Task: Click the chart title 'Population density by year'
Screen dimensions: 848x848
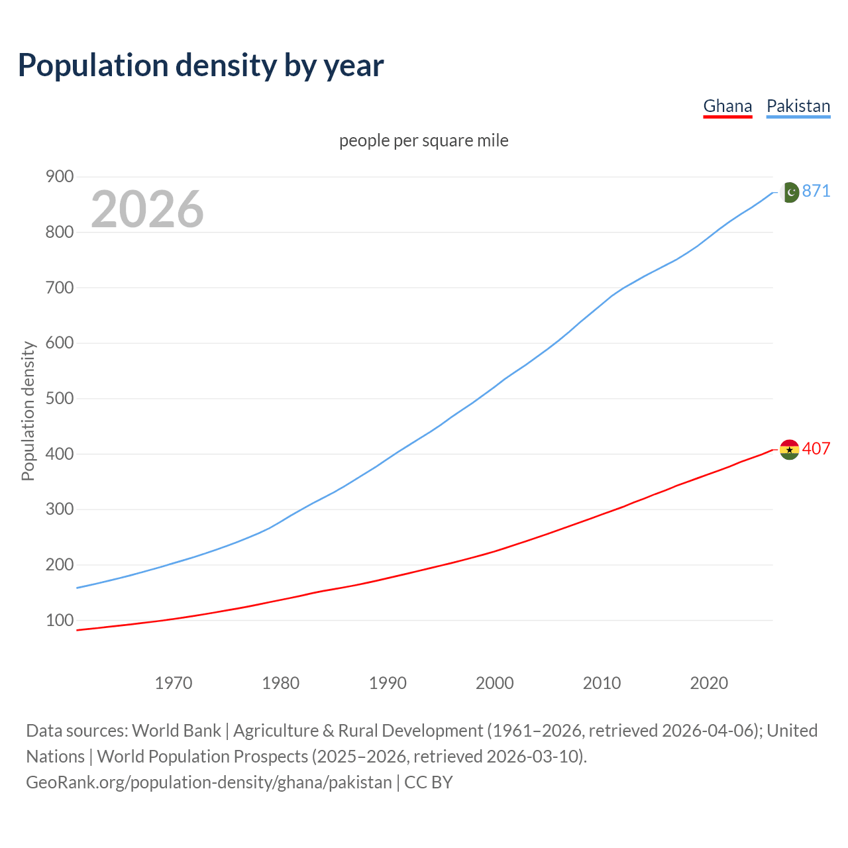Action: coord(201,66)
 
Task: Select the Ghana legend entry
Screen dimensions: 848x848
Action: coord(727,106)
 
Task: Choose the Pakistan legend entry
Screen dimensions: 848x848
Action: coord(798,106)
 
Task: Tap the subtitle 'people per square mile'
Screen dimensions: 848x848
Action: coord(424,140)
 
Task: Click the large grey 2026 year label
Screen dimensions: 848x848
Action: coord(147,209)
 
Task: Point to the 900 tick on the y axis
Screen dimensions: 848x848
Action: coord(59,176)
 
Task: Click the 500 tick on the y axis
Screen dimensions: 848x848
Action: coord(59,398)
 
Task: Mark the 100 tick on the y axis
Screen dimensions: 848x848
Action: coord(59,620)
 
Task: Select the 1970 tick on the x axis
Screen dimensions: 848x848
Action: coord(174,682)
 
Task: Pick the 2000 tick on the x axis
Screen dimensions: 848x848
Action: coord(495,682)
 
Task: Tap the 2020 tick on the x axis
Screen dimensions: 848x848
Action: coord(709,682)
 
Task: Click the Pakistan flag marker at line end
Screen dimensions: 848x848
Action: coord(789,192)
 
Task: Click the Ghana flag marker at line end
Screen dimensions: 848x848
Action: coord(789,449)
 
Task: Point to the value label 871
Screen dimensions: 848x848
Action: coord(816,191)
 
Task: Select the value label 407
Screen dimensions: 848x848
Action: coord(816,449)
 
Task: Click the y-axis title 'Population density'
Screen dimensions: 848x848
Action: coord(28,411)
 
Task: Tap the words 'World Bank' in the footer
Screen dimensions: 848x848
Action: coord(176,731)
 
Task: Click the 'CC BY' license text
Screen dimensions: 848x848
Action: coord(429,782)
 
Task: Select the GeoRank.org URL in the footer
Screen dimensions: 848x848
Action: coord(209,782)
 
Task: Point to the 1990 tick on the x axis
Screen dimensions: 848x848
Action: coord(388,682)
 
